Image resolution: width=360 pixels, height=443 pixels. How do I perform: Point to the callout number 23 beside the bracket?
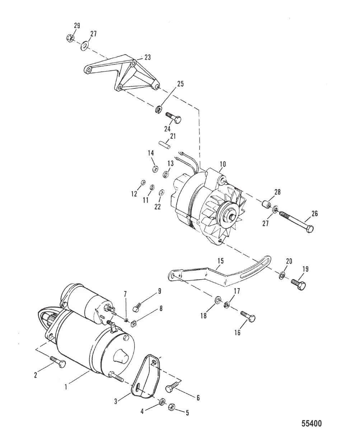148,57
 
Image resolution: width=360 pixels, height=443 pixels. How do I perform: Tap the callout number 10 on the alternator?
223,164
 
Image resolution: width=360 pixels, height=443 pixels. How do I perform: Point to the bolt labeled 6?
171,388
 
